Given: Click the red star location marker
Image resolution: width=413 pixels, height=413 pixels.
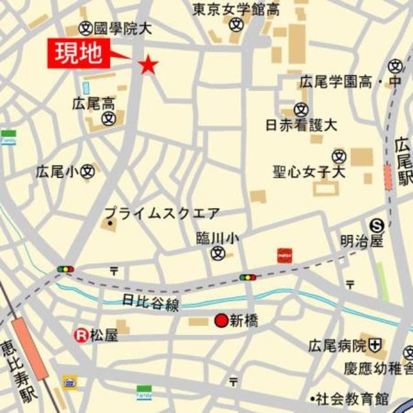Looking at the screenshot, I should point(149,63).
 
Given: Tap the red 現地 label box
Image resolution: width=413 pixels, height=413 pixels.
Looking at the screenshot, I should point(79,54).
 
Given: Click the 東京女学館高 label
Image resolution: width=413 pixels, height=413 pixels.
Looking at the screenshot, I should point(237,8).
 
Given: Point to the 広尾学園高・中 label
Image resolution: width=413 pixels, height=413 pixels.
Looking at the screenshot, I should point(349,83).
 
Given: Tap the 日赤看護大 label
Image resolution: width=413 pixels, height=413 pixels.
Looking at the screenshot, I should point(301,125).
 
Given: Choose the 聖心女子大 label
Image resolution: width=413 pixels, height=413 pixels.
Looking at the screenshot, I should point(309,172).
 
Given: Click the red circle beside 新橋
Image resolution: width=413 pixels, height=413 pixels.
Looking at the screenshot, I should point(221,320).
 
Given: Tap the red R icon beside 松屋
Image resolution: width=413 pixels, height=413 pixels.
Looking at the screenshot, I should point(81,335).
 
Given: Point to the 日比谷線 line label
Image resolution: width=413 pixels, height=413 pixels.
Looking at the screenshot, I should point(150,301).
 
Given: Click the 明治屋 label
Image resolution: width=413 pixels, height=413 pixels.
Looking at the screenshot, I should point(362,241).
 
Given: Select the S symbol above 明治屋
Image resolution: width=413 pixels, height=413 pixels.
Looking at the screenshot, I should point(377,225).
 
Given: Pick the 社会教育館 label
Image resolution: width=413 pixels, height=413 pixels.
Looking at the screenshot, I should point(351,398).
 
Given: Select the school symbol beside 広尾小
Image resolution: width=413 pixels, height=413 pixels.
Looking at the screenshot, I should point(88,172).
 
